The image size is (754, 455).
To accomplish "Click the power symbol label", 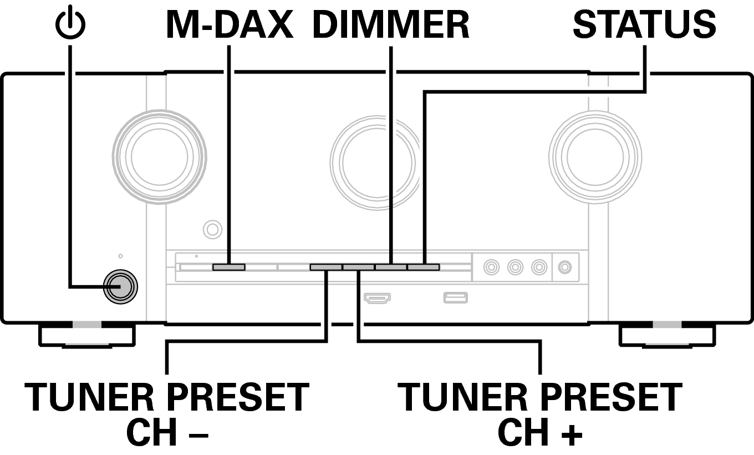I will coord(70,25).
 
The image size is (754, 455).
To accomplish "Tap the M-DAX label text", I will coord(229,25).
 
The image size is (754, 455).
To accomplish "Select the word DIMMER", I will coord(391,25).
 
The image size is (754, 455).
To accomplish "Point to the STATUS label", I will coord(644,25).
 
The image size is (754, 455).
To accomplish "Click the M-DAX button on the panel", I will coord(228,267).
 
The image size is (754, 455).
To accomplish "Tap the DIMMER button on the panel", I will coord(391,267).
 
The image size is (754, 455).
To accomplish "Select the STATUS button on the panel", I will coord(424,267).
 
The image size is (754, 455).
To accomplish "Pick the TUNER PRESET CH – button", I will coord(326,267).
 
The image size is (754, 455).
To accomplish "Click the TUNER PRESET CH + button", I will coord(359,267).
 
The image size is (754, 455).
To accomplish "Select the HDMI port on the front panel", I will coord(377,298).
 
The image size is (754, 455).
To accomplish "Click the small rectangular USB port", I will coord(455,298).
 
